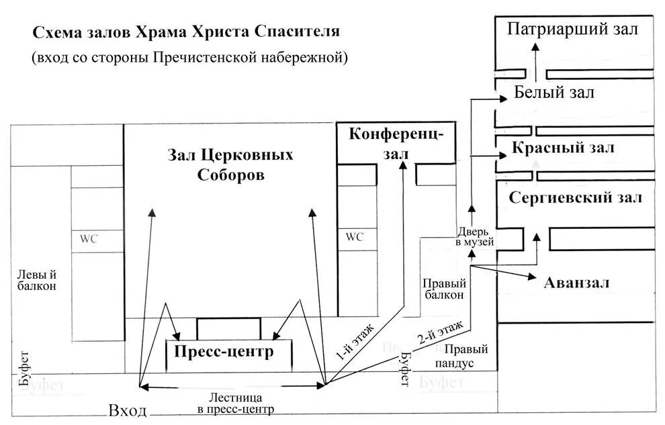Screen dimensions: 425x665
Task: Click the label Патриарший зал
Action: coord(572,29)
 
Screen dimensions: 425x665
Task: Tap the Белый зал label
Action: coord(554,93)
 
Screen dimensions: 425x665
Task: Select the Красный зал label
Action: coord(563,148)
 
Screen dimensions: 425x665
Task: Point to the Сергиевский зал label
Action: coord(576,198)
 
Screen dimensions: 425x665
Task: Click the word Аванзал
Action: coord(576,283)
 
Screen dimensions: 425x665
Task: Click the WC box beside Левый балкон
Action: coord(89,239)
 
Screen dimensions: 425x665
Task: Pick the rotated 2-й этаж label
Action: coord(440,333)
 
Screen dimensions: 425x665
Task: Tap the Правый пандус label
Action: coord(465,356)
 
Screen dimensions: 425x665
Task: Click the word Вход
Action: coord(127,411)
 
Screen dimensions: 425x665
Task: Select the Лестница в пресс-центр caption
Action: coord(231,403)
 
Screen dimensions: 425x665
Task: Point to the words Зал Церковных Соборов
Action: coord(230,164)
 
